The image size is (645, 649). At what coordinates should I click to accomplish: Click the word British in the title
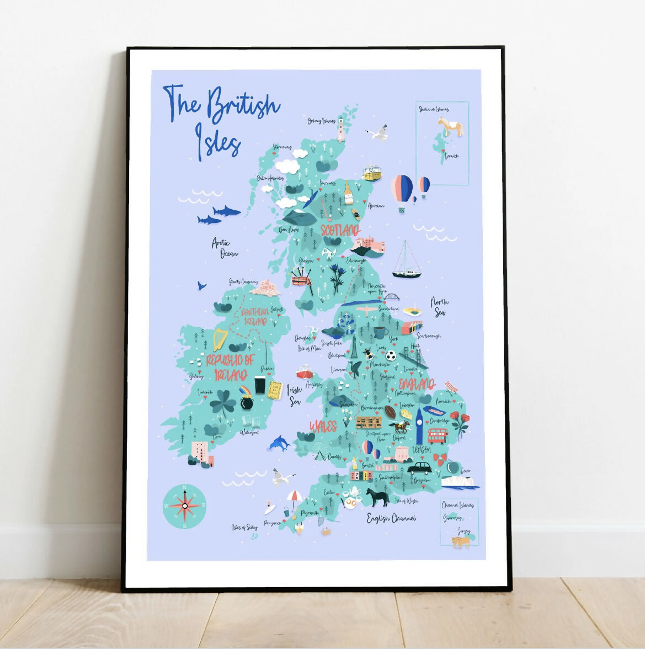click(243, 105)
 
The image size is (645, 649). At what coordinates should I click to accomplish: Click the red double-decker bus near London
click(438, 436)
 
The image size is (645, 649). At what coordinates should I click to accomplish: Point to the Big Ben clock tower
click(419, 424)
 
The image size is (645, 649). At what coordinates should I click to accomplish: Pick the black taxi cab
click(419, 469)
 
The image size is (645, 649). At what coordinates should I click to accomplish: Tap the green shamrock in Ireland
click(223, 402)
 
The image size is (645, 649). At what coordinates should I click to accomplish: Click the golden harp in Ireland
click(220, 339)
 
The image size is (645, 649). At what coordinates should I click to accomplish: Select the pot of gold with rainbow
click(246, 399)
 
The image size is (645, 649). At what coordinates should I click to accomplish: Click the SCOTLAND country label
click(340, 230)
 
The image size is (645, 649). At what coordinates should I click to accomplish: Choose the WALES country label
click(323, 426)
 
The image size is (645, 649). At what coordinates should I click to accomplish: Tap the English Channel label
click(392, 518)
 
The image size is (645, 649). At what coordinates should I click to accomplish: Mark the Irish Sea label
click(295, 395)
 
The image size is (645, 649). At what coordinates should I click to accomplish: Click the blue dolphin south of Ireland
click(280, 442)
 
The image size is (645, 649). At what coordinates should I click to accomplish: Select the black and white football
click(391, 356)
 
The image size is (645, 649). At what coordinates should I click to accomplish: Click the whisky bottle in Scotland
click(348, 193)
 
